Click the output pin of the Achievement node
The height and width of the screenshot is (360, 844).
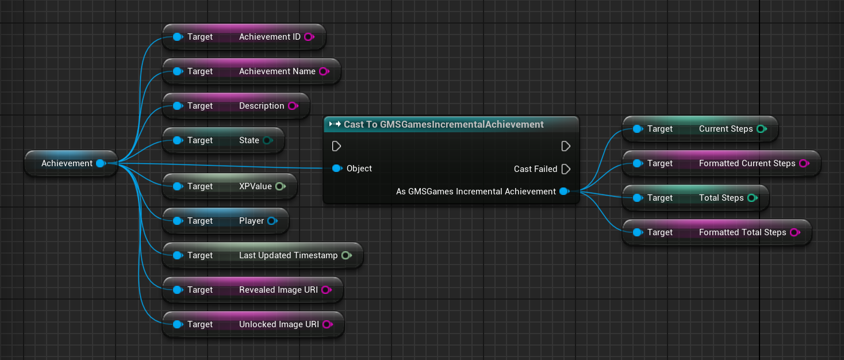(101, 163)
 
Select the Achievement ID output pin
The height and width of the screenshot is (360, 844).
(309, 37)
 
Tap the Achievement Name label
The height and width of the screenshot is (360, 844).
(277, 71)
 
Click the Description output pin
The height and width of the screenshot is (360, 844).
(293, 106)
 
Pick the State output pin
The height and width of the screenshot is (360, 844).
(268, 140)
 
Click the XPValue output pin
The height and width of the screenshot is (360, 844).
(281, 186)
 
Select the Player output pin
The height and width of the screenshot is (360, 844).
(273, 221)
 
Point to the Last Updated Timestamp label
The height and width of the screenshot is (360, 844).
(288, 255)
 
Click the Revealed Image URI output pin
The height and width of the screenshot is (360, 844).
(327, 290)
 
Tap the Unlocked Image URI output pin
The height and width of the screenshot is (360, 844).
(328, 324)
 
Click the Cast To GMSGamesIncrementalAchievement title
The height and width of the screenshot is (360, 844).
(443, 124)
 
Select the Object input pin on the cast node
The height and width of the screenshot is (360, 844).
(337, 168)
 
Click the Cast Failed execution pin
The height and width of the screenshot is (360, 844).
(566, 169)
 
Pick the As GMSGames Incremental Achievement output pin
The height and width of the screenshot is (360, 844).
(565, 192)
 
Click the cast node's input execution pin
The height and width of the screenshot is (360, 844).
(336, 146)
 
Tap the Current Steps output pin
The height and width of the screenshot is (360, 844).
(762, 129)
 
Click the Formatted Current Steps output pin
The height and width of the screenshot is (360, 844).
(804, 163)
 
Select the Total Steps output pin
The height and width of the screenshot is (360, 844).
(753, 198)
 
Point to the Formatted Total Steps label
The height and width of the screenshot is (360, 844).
(743, 232)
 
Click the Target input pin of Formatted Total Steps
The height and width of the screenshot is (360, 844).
(638, 232)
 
